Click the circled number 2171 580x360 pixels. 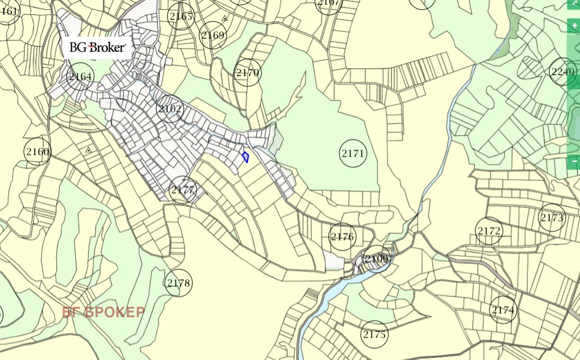[x=353, y=154]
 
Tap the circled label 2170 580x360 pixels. [x=248, y=73]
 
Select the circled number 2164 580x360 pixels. [x=80, y=76]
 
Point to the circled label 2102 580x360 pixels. [x=170, y=109]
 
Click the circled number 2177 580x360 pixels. [x=183, y=190]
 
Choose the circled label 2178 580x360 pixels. [x=179, y=283]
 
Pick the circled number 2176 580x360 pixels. [x=342, y=237]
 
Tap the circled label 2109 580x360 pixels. [x=377, y=259]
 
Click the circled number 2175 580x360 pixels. [x=374, y=334]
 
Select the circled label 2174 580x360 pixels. [x=503, y=310]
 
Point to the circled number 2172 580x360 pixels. [x=489, y=231]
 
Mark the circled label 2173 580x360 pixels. [x=552, y=218]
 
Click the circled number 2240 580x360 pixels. [x=563, y=72]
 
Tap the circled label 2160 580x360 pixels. [x=37, y=152]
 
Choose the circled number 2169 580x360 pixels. [x=213, y=35]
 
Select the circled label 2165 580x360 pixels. [x=181, y=17]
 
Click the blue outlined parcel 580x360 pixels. [x=245, y=157]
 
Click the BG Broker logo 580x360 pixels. [x=97, y=47]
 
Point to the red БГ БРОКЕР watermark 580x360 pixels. [x=103, y=312]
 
